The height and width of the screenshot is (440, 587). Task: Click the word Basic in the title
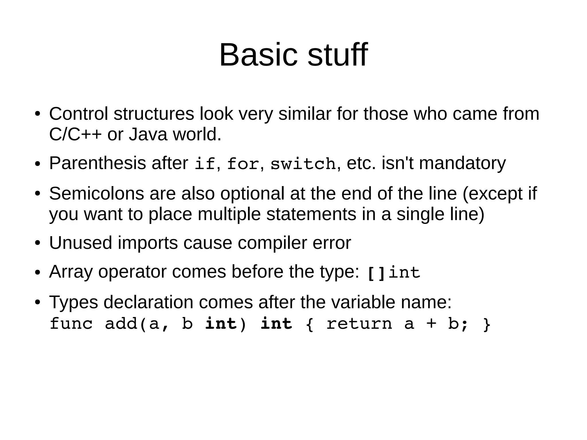click(258, 55)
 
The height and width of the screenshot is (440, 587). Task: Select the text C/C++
click(75, 134)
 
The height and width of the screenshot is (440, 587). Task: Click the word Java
click(148, 134)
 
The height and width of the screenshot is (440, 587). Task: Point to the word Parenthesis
click(97, 163)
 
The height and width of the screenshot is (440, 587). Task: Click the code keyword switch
click(303, 164)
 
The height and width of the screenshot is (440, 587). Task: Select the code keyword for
click(243, 164)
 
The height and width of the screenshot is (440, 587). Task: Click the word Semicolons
click(96, 193)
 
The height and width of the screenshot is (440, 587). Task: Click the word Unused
click(81, 243)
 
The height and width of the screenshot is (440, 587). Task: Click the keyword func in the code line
click(71, 324)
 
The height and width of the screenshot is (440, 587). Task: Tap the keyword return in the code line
click(359, 324)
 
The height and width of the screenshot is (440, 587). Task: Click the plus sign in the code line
click(431, 324)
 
